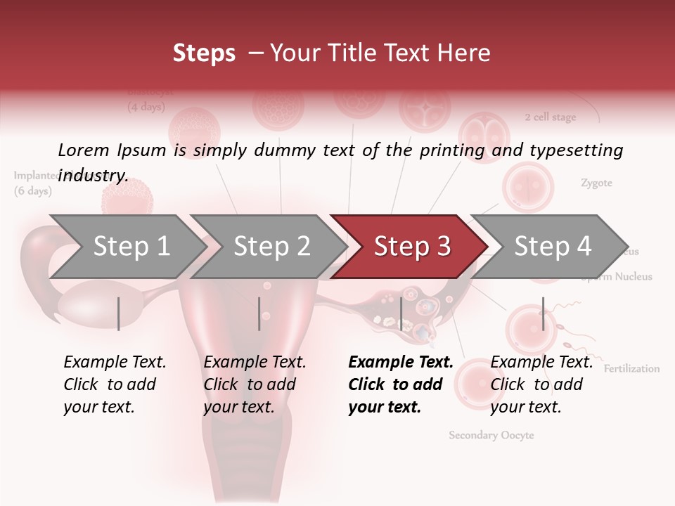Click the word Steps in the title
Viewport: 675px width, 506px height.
click(204, 53)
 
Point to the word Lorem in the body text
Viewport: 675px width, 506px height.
click(84, 150)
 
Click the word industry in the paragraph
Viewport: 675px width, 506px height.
click(93, 175)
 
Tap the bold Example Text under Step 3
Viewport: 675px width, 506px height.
click(401, 362)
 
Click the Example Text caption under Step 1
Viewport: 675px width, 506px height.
click(115, 362)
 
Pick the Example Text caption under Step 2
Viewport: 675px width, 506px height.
click(255, 362)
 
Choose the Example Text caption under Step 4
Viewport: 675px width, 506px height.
click(541, 362)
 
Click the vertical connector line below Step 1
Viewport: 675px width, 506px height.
click(118, 313)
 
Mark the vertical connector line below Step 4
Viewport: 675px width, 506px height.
click(543, 313)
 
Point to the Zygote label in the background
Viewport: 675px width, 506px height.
click(596, 183)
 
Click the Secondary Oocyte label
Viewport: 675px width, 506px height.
click(491, 435)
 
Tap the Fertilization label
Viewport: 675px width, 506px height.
click(631, 368)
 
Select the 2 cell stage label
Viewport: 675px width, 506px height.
click(550, 117)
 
